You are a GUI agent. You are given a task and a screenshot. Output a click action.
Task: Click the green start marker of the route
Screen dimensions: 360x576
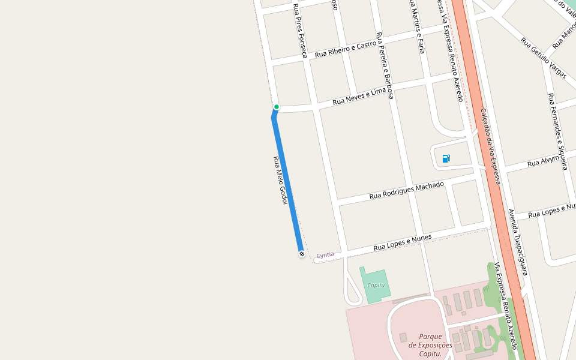[277, 107]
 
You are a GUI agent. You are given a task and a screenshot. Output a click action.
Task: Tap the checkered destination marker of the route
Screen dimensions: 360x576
[301, 254]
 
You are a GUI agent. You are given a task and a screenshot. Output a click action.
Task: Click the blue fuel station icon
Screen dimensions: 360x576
[446, 158]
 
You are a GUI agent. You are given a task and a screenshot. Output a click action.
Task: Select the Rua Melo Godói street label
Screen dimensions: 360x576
[280, 180]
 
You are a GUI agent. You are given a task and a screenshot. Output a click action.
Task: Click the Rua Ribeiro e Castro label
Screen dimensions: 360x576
[346, 49]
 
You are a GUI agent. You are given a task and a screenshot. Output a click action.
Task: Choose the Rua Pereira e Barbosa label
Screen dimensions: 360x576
[385, 65]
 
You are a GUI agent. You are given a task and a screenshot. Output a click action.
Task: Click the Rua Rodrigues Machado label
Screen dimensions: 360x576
[407, 190]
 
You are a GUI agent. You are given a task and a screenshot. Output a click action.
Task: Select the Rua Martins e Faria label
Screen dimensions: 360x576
[417, 27]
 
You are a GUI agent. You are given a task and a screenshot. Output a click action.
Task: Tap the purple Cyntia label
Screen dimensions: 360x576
[325, 255]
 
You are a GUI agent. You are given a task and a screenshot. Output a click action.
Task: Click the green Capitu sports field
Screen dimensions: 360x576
[376, 285]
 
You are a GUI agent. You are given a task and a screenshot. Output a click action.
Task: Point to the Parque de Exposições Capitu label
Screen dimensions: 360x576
[430, 345]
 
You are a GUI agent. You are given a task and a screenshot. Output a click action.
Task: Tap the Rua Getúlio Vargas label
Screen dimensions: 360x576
[544, 58]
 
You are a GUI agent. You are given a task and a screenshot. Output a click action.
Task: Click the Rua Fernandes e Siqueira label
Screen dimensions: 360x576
[557, 131]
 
